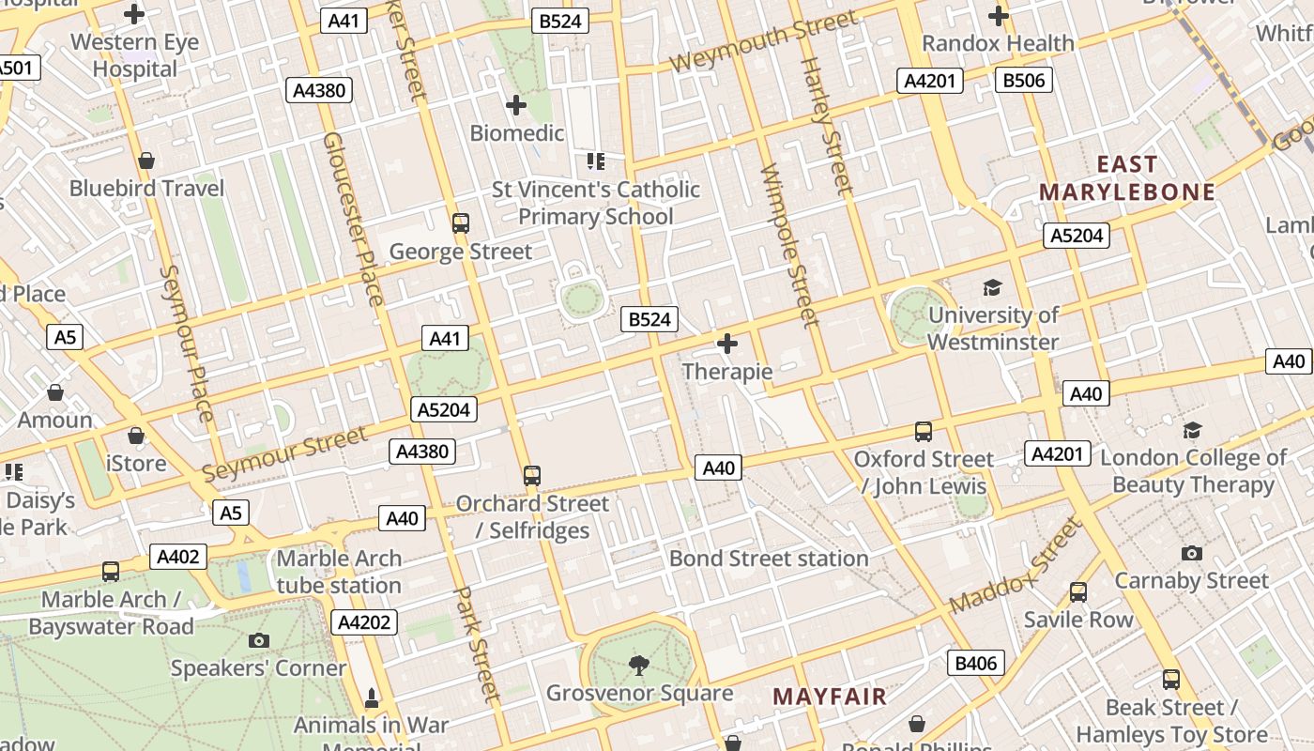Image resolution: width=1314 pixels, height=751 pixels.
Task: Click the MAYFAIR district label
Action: (830, 697)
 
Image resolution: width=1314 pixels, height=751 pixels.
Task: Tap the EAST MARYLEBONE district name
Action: (1126, 178)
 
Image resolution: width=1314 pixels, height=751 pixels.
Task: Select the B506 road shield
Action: (1023, 81)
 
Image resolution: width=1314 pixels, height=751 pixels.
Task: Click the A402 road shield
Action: (178, 557)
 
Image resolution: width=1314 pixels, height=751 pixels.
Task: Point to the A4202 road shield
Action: (364, 622)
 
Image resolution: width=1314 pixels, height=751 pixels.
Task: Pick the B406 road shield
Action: (975, 664)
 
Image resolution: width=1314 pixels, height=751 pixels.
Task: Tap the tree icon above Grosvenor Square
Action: (639, 666)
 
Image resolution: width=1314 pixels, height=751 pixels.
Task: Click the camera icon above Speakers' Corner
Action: (259, 641)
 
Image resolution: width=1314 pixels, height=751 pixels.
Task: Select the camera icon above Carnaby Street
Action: (1192, 553)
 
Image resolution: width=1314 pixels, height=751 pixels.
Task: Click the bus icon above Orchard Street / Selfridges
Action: (532, 476)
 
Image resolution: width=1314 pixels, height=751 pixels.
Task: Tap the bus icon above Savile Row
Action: (1078, 592)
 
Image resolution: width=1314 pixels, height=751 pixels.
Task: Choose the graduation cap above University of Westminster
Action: (992, 287)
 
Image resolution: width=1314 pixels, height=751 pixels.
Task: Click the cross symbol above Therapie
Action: (727, 345)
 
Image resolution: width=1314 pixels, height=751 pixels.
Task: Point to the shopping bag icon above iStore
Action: (136, 436)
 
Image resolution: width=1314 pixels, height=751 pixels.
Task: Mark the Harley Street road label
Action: (826, 126)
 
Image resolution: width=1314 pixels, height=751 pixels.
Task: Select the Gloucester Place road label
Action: (353, 218)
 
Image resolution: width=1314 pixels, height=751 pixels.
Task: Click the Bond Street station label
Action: (769, 559)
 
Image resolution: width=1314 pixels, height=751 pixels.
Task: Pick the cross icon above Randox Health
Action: (999, 16)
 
